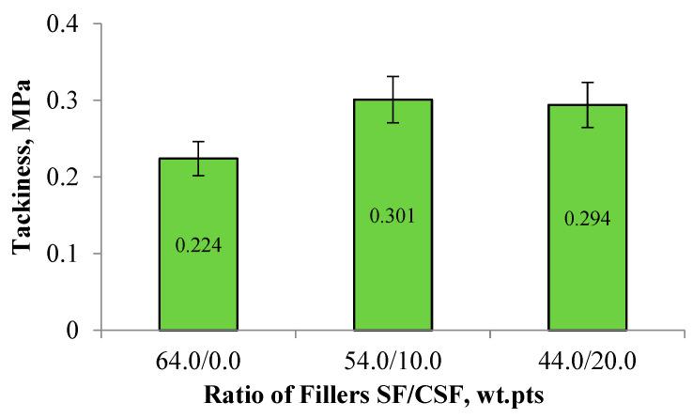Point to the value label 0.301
point(392,217)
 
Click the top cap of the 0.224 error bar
point(210,142)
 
